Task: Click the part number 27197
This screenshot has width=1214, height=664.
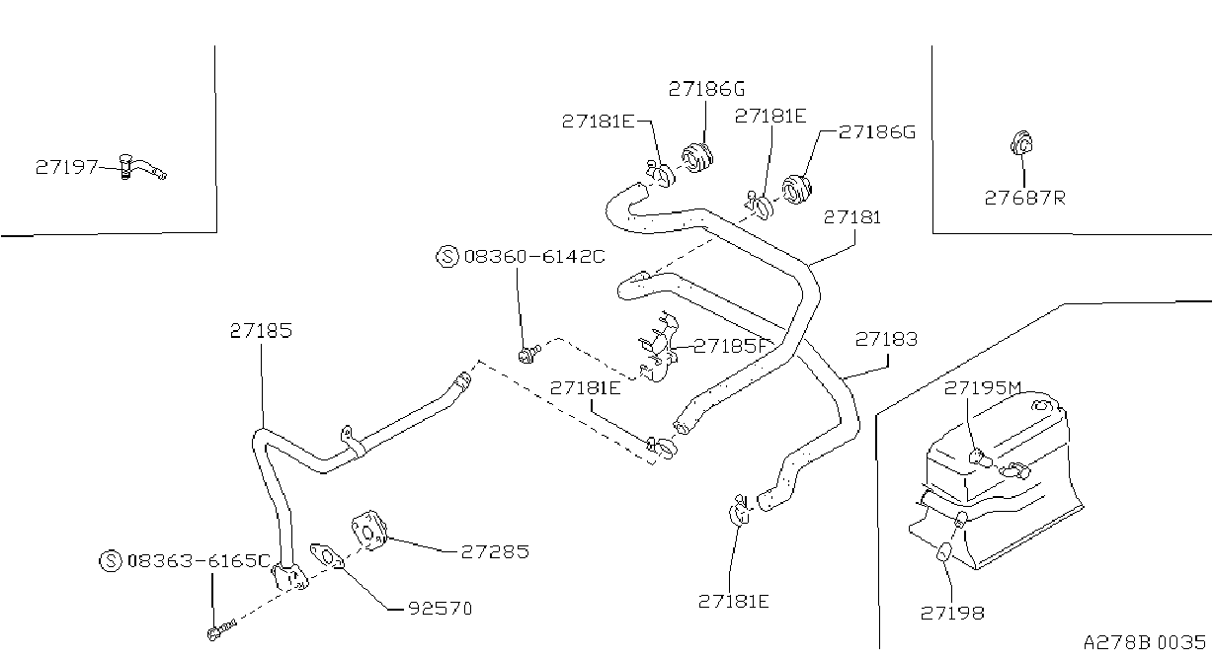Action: point(66,167)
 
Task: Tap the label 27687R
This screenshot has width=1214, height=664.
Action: point(1025,198)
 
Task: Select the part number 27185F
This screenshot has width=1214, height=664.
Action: point(731,346)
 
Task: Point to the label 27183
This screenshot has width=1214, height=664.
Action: point(887,339)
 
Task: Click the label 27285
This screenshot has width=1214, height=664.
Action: point(495,551)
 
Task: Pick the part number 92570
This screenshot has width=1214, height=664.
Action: point(441,609)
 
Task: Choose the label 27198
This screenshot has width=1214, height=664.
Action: point(953,613)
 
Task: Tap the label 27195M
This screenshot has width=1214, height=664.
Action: point(983,388)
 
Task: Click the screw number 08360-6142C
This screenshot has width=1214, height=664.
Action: point(534,256)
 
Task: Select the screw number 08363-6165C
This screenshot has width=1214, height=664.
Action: point(199,560)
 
